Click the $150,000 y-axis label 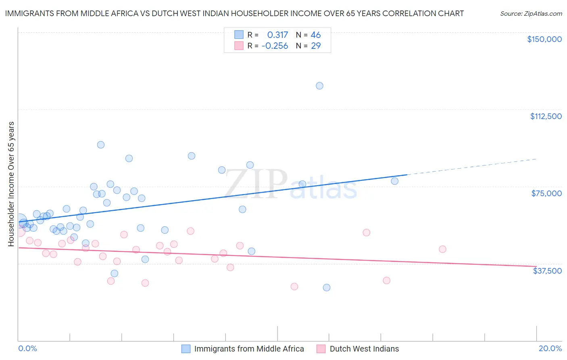coord(544,39)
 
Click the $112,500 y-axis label coord(546,116)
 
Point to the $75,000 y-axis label coord(546,193)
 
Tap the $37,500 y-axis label coord(547,271)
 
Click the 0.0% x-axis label coord(27,348)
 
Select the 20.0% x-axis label coord(550,348)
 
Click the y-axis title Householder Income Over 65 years coord(11,184)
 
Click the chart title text coord(234,13)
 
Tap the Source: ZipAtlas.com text coord(531,13)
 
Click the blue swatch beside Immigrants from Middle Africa coord(186,349)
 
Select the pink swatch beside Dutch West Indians coord(321,349)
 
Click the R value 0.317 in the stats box coord(277,35)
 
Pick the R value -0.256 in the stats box coord(275,46)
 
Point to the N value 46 coord(315,35)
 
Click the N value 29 coord(315,46)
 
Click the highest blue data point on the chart coord(319,86)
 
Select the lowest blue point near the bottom coord(327,287)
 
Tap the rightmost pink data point coord(442,249)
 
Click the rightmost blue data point coord(394,181)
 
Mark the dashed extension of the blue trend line coord(472,167)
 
